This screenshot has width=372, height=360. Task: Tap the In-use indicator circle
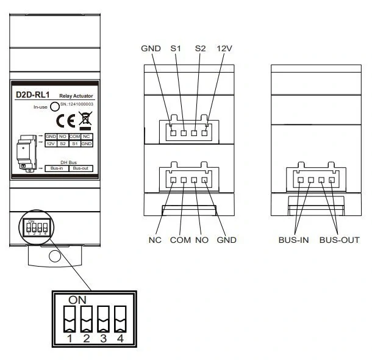point(55,107)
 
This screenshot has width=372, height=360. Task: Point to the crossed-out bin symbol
point(85,120)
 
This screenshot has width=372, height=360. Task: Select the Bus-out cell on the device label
point(80,168)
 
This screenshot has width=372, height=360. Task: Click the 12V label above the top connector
point(224,48)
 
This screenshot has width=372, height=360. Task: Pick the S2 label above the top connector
point(200,48)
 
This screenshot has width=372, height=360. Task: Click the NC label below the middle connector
point(155,239)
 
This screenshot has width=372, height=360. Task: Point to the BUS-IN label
point(293,239)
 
